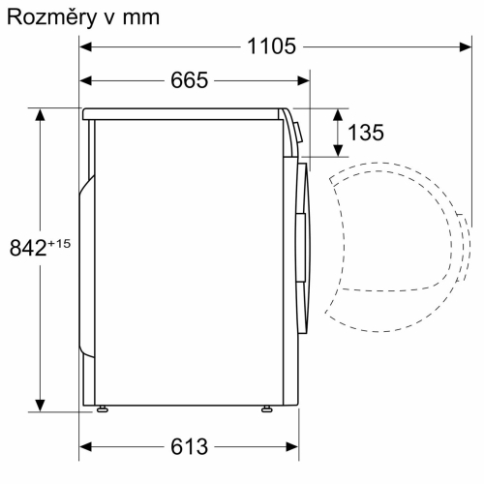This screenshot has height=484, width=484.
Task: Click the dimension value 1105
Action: pos(270,46)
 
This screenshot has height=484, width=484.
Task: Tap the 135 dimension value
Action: pos(366,133)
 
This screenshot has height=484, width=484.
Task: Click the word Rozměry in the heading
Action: pos(47,16)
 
